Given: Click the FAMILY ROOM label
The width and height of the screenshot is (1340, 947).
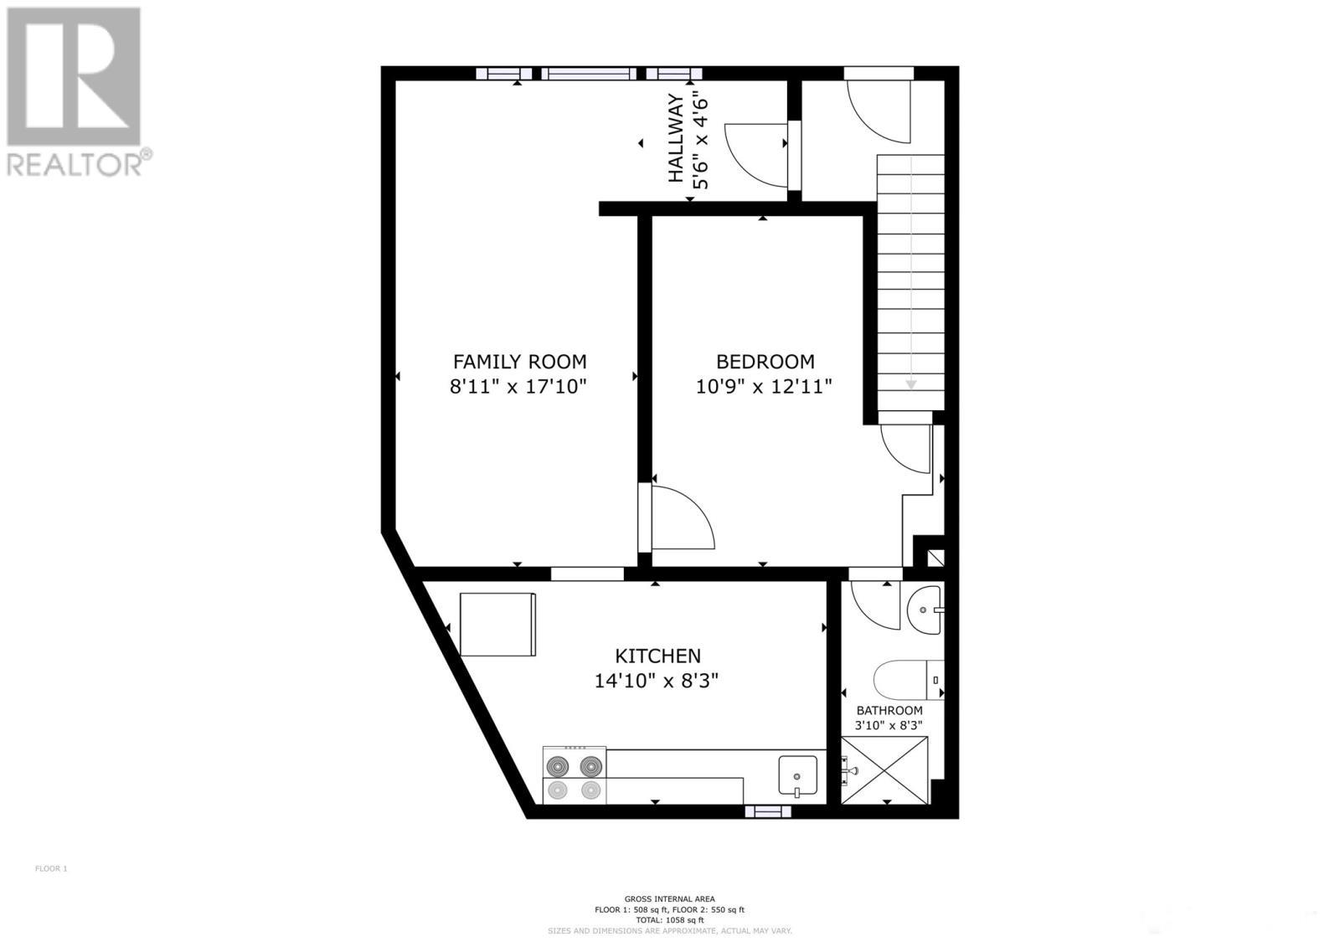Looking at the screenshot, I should (519, 362).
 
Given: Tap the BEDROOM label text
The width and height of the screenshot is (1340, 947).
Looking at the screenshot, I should (765, 362).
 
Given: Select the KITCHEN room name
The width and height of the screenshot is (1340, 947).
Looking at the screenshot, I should (657, 656).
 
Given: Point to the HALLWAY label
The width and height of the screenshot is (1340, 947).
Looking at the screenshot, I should (676, 138).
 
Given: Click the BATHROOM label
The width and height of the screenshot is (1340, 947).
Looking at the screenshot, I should (889, 711).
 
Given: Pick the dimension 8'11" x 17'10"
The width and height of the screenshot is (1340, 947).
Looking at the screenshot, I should (519, 387).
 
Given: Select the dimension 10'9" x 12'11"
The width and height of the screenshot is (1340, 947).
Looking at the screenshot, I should (764, 387).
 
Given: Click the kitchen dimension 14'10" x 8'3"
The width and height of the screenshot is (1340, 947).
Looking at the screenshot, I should (657, 681).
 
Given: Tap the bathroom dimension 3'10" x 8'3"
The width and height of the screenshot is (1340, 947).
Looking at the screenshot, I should (889, 726).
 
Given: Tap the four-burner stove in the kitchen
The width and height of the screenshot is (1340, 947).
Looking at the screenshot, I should (575, 776).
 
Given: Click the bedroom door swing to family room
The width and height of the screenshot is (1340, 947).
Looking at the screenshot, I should (683, 519).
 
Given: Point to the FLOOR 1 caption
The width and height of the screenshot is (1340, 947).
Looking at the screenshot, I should (51, 868).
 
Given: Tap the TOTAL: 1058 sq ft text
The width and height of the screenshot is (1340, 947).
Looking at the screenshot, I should (669, 919).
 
